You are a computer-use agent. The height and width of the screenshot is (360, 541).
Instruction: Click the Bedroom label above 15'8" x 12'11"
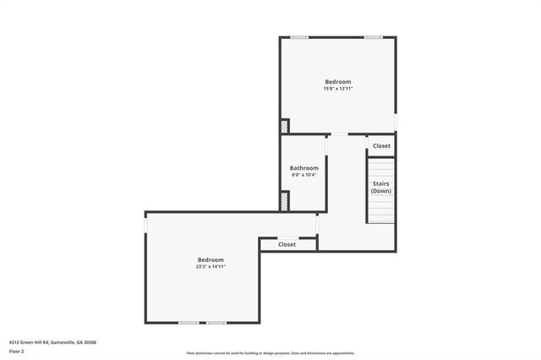coord(337,82)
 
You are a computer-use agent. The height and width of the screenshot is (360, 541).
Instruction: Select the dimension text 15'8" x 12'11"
coord(337,89)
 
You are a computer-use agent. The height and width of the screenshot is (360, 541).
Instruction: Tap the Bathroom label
coord(304,168)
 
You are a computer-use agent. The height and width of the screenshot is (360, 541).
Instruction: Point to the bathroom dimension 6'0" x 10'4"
coord(304,176)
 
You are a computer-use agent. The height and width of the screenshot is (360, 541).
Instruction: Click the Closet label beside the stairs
coord(382,146)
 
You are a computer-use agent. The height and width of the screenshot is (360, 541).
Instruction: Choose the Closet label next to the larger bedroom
coord(287,244)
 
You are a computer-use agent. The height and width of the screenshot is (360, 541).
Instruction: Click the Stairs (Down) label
coord(381,187)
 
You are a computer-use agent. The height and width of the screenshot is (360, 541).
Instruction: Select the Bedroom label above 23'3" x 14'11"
coord(210,259)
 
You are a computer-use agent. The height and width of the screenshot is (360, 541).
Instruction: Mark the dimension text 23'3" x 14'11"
coord(210,267)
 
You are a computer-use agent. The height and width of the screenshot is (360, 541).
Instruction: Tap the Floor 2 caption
coord(17,351)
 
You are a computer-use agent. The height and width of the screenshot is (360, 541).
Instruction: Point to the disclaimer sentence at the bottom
coord(270,353)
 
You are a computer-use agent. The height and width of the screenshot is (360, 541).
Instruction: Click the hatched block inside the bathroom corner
coord(286,201)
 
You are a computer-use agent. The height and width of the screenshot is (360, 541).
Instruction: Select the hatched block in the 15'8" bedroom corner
coord(285,126)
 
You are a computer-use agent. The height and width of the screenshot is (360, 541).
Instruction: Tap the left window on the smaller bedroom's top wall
coord(299,37)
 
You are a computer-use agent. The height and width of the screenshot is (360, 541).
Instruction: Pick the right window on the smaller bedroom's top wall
coord(373,37)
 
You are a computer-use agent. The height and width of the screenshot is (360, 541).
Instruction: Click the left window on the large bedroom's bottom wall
coord(189,322)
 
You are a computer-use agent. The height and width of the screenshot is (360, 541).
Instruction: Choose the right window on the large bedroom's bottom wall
coord(217,322)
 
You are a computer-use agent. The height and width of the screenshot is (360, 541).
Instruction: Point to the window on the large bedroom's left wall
coord(145,226)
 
